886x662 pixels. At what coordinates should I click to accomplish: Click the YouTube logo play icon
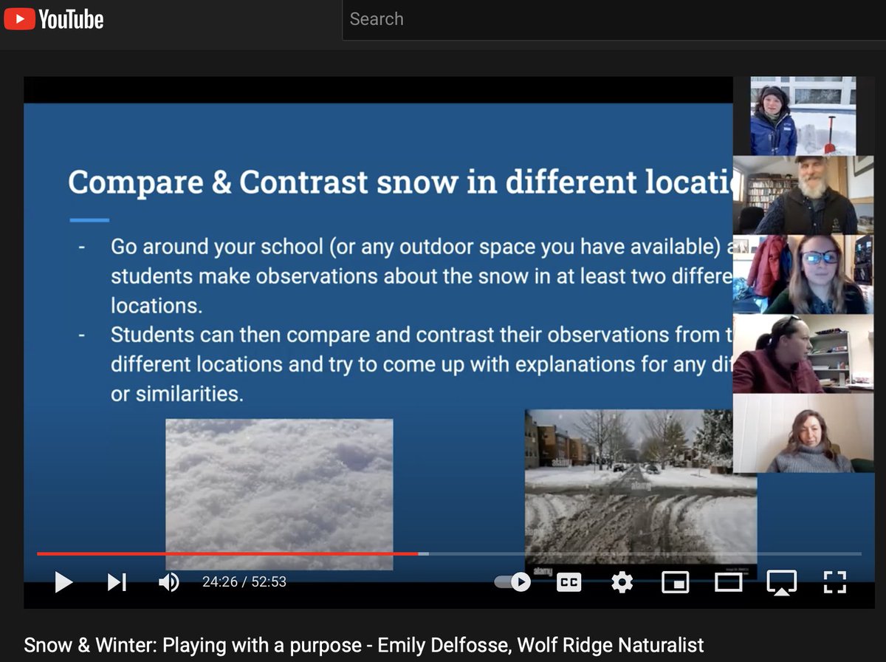tap(19, 18)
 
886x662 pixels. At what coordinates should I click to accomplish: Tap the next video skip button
tap(117, 582)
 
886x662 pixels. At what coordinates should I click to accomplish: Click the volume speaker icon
tap(168, 582)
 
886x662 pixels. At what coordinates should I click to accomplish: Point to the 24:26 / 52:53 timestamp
tap(244, 582)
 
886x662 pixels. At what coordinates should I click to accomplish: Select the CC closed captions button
tap(569, 582)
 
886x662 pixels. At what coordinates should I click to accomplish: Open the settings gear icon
tap(622, 582)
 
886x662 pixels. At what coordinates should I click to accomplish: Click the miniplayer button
tap(675, 582)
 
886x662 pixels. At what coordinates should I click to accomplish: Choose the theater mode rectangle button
tap(728, 582)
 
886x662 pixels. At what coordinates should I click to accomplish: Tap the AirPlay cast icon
tap(781, 582)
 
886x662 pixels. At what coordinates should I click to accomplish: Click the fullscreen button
tap(834, 582)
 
